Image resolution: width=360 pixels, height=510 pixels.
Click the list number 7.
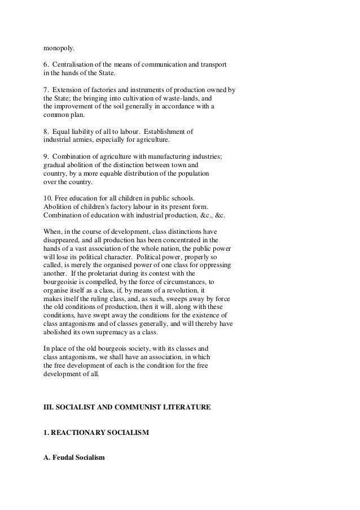pos(46,90)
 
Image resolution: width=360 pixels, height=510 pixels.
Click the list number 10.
pos(49,198)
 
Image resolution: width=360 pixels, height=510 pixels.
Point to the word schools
pos(181,198)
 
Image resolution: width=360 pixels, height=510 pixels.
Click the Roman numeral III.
pos(49,406)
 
